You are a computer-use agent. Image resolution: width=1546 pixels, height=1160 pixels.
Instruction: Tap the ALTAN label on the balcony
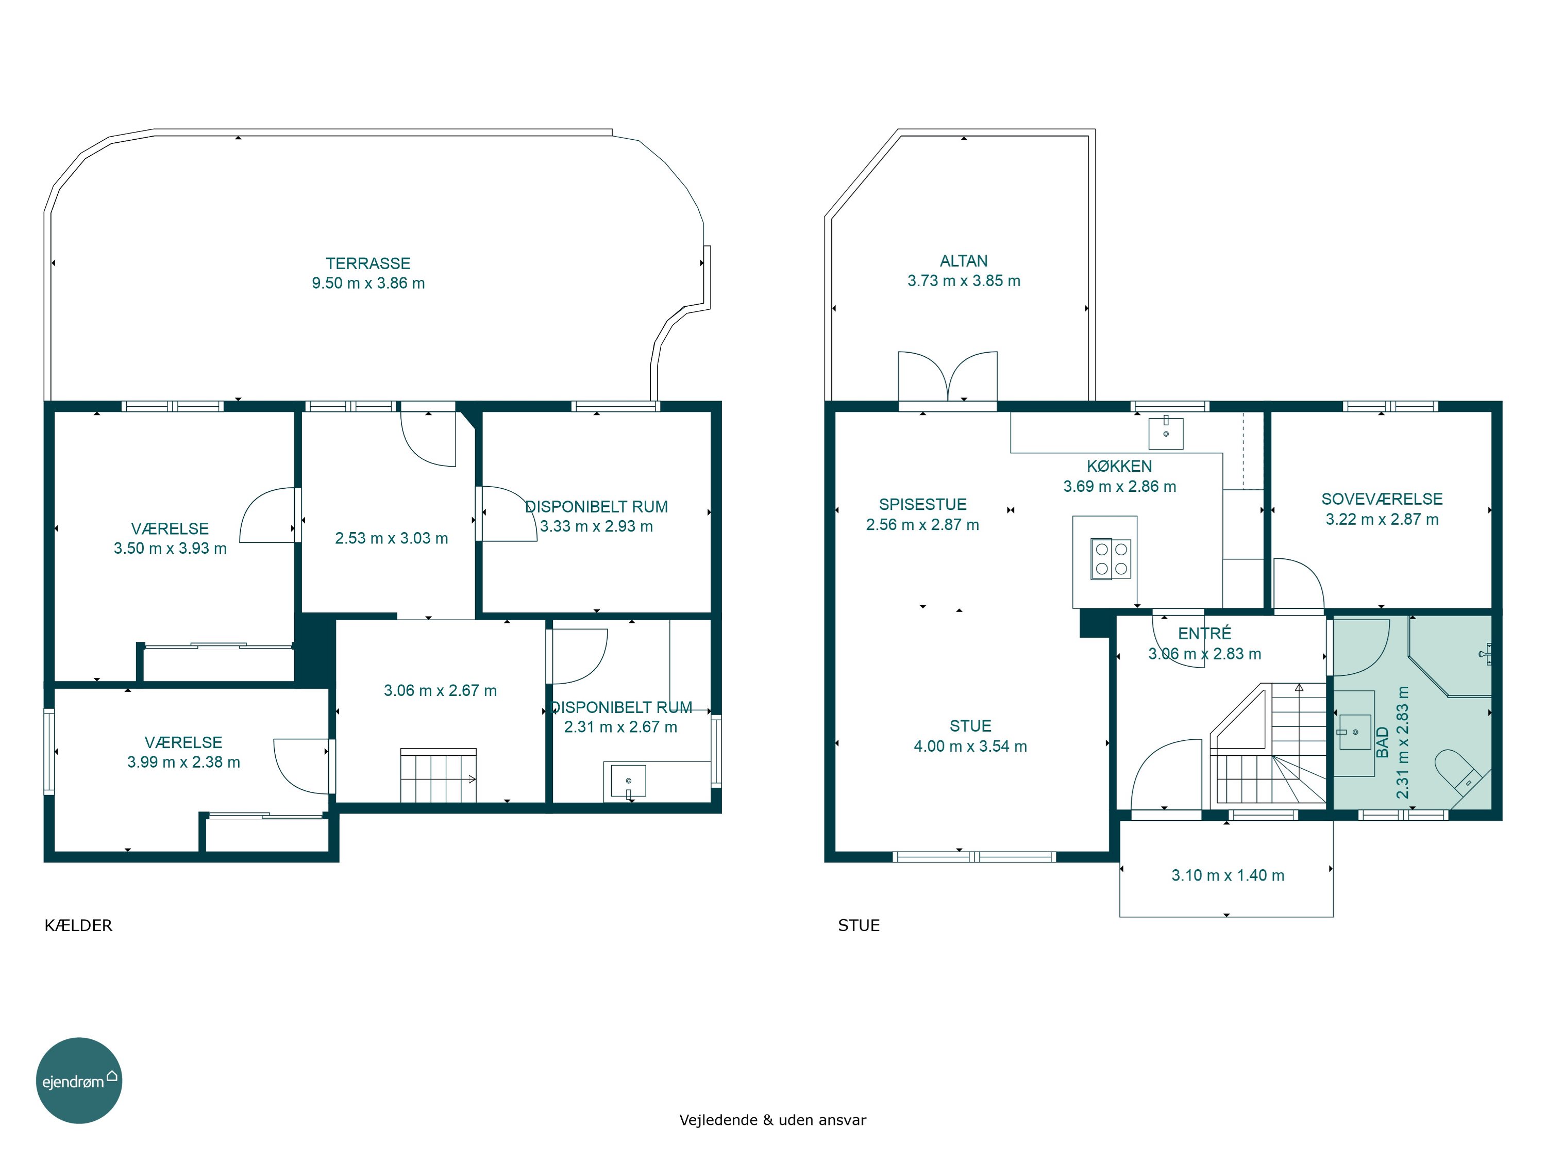[964, 261]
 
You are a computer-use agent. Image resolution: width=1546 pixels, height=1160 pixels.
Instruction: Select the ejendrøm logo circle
[79, 1080]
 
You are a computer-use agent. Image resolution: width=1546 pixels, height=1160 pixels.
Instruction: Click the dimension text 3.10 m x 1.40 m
[1228, 875]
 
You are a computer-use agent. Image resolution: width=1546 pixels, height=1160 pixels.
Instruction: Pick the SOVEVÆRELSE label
[1382, 499]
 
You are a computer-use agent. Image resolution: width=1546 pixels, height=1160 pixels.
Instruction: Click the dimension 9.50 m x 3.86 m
[368, 283]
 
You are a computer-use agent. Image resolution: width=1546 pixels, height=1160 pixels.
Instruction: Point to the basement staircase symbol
[438, 775]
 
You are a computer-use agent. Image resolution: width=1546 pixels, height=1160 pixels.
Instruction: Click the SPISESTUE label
[922, 505]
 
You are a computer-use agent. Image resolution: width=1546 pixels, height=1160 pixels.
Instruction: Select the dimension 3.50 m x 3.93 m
[171, 548]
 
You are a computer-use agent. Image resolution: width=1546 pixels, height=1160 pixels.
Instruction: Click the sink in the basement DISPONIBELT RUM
[628, 781]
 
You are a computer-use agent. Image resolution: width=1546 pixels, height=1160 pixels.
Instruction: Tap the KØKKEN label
[1119, 467]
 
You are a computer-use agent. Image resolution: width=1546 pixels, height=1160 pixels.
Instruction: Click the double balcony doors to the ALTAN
[947, 377]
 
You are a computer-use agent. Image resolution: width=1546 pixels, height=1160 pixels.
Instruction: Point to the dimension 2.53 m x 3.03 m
[391, 538]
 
